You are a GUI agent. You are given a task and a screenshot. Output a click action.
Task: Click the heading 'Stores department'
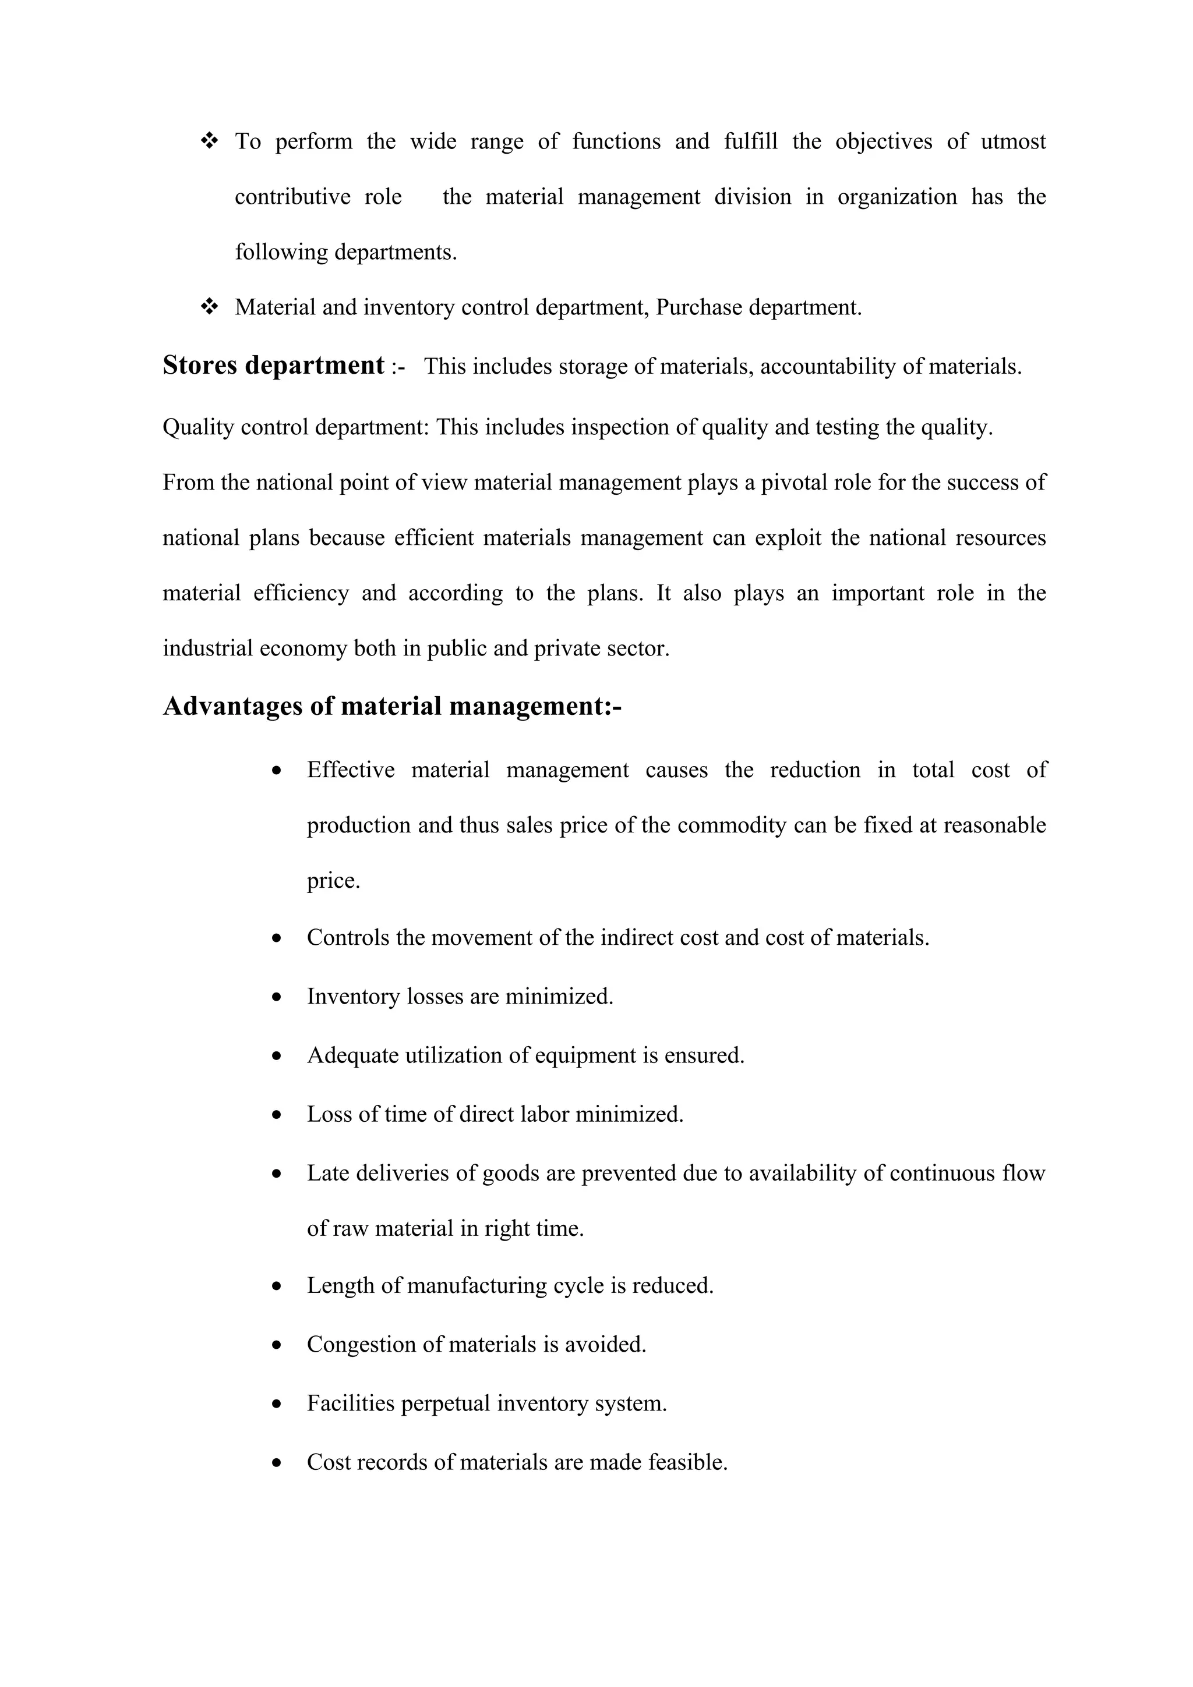pos(273,365)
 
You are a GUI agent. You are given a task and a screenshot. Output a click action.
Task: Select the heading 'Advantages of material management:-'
pos(392,706)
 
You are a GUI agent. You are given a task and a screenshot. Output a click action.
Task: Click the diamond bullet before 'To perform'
pos(210,140)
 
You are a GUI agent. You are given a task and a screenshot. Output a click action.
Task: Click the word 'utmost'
pos(1013,141)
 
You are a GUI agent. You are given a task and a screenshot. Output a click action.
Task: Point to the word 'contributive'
pos(292,197)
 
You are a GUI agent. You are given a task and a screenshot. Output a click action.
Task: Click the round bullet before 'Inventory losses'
pos(276,997)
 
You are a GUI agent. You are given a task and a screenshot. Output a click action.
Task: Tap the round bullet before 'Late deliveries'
pos(276,1174)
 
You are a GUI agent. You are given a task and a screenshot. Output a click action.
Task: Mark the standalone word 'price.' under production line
pos(333,881)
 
